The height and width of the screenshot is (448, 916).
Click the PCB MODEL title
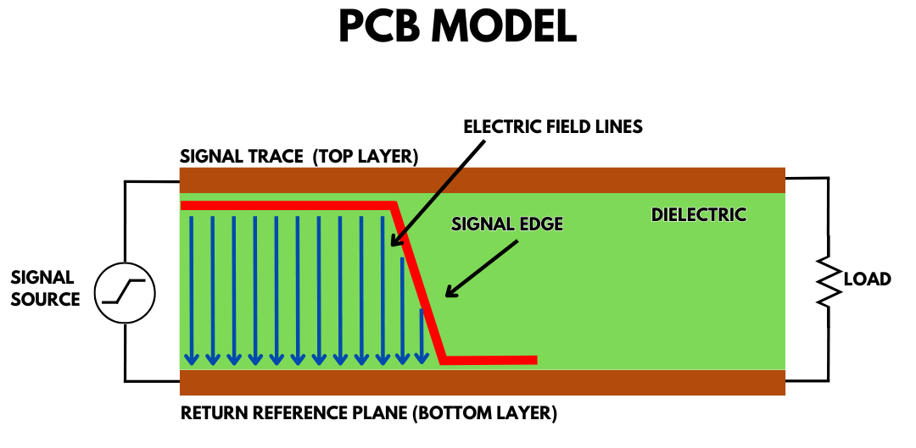(457, 27)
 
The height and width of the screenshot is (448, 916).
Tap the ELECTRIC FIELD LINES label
(553, 127)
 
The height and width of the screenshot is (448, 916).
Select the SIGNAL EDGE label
(507, 224)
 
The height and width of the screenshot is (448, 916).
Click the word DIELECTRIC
(698, 214)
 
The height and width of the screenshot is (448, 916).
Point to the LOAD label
(867, 279)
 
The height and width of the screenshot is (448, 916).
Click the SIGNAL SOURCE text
(45, 288)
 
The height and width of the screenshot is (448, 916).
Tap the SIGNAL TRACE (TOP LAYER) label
(299, 158)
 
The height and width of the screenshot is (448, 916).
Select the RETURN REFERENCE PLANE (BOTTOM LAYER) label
(368, 414)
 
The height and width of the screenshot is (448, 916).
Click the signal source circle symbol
(125, 292)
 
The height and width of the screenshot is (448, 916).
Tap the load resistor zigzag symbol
(827, 279)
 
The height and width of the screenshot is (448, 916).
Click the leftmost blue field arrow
(192, 288)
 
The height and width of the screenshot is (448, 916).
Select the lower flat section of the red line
(490, 360)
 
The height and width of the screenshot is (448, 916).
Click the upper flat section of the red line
(288, 206)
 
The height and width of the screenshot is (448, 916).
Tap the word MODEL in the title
(505, 27)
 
